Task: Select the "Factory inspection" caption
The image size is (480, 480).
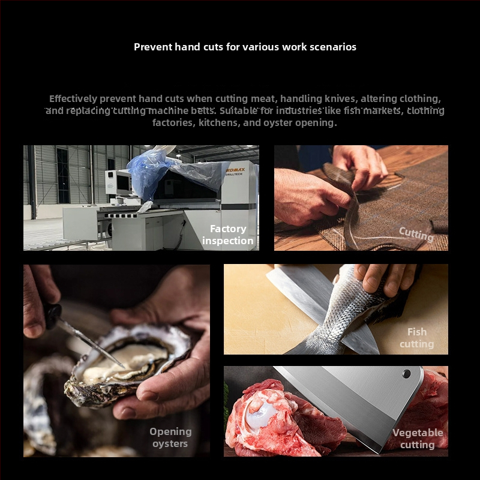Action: point(228,235)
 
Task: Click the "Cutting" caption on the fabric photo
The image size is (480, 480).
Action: point(416,234)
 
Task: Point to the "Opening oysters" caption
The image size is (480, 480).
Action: point(170,437)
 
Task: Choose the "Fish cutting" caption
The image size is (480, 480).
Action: point(417,338)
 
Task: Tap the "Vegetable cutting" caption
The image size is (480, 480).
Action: point(418,439)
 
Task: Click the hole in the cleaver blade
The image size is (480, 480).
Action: point(407,374)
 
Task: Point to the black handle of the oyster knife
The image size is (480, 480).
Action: point(52,316)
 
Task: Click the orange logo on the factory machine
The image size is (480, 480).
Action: point(235,170)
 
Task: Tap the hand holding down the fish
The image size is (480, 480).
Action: point(384,278)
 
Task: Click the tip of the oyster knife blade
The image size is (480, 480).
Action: point(124,367)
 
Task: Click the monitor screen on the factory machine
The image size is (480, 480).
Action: point(123,183)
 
